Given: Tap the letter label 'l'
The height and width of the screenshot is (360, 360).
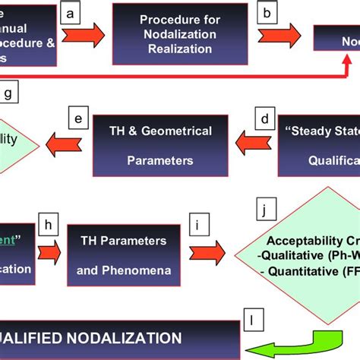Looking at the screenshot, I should [x=253, y=317].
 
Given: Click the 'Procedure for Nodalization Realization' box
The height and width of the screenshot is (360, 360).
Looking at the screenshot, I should [x=180, y=34].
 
